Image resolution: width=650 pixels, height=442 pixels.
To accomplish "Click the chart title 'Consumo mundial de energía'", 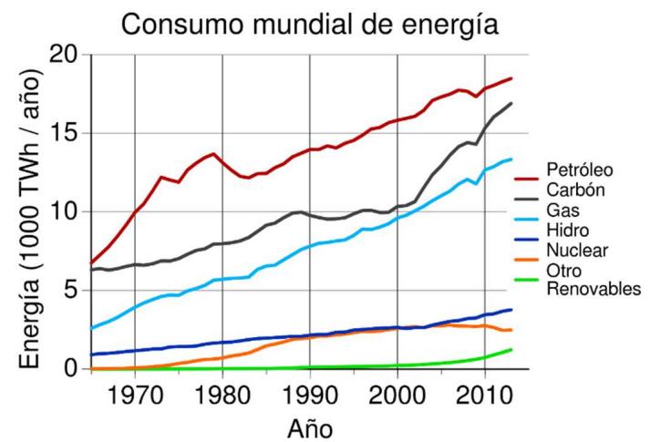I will point(310,24).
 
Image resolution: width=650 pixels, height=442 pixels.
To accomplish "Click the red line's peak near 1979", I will point(213,154).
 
